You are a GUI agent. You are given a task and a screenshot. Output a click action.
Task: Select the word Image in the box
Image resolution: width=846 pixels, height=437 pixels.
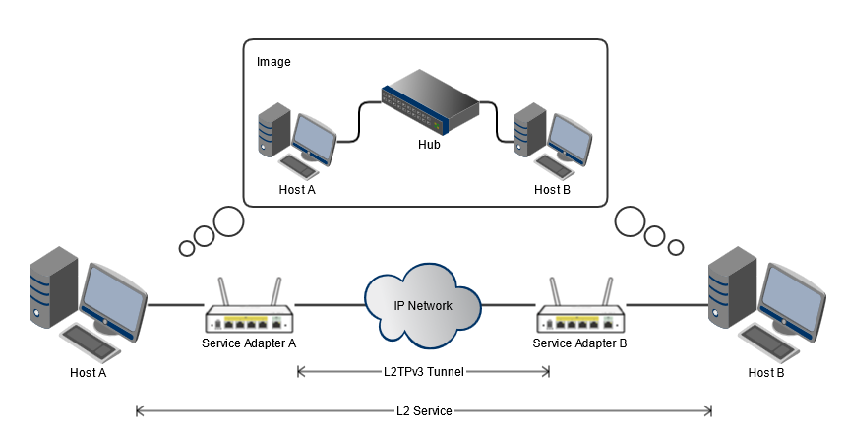tap(273, 62)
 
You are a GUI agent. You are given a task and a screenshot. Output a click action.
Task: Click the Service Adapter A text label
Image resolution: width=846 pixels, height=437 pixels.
tap(249, 343)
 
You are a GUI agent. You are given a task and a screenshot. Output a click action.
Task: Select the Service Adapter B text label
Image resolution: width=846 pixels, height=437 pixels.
tap(580, 343)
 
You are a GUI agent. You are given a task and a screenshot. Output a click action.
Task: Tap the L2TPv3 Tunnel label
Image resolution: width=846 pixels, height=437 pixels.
tap(424, 372)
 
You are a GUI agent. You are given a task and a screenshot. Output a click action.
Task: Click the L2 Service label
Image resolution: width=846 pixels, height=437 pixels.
tap(424, 410)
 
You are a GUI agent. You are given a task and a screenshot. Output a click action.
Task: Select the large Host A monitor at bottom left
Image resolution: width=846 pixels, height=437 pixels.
tap(114, 296)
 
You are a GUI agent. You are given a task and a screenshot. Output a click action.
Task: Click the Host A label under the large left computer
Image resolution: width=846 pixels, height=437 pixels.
tap(89, 373)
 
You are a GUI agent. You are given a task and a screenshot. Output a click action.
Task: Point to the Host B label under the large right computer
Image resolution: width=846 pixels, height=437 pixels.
tap(766, 373)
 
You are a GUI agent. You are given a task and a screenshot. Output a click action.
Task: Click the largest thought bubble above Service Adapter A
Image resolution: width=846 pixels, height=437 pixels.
tap(229, 222)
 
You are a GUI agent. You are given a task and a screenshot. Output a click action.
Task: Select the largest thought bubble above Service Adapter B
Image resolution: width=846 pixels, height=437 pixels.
tap(631, 221)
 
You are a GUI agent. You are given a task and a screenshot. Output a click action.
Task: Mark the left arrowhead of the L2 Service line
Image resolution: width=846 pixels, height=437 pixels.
tap(140, 410)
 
